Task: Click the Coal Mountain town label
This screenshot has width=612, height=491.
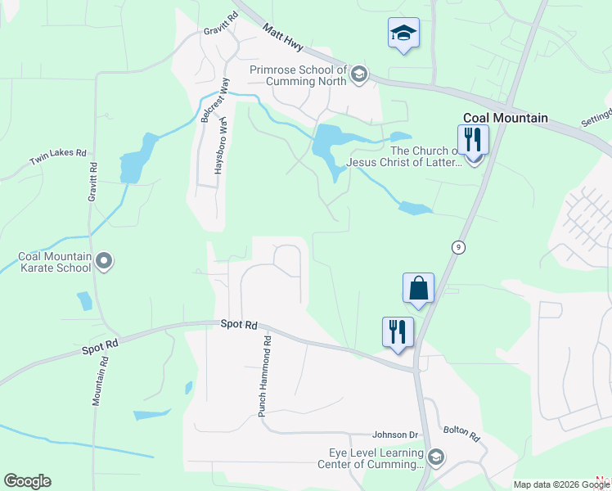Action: click(505, 118)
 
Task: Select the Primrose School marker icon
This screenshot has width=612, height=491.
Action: click(358, 76)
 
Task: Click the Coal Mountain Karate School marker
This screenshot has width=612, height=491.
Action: click(103, 262)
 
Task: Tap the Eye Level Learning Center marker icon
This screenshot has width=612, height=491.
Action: click(435, 457)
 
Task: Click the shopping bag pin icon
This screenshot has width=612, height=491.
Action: click(418, 288)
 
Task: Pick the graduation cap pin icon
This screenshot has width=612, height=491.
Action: click(403, 33)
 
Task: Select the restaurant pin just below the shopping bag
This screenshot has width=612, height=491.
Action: click(398, 332)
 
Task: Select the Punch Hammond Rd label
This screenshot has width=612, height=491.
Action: click(264, 376)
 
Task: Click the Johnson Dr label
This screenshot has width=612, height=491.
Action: click(395, 435)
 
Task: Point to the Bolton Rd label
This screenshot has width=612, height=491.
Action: click(462, 432)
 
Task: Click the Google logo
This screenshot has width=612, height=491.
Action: click(27, 481)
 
